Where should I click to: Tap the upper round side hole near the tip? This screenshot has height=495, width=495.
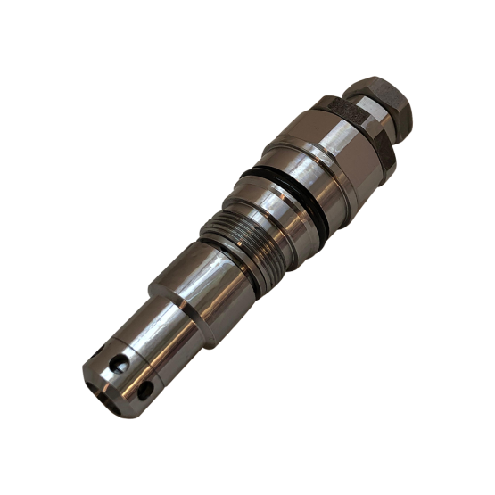pyautogui.click(x=118, y=363)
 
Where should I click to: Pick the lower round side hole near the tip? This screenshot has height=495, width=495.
pyautogui.click(x=144, y=390)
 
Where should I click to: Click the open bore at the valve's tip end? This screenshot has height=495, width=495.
pyautogui.click(x=100, y=384)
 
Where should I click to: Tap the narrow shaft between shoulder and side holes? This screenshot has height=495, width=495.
pyautogui.click(x=152, y=334)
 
